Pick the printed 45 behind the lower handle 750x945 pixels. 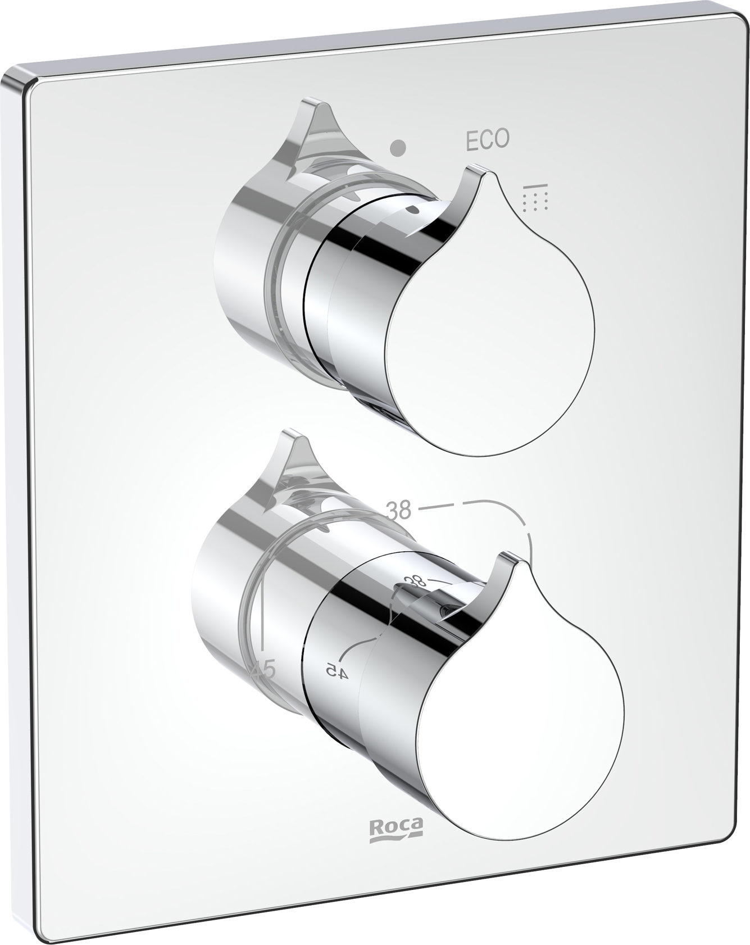tap(263, 670)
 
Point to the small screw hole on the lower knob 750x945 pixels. tap(448, 607)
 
